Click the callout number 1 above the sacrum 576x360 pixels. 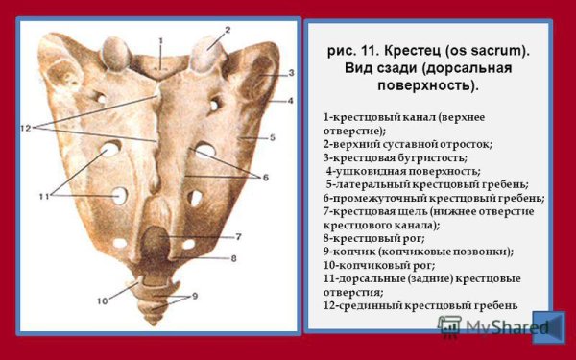[160, 39]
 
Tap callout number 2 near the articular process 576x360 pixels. [228, 30]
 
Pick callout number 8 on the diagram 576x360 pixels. [232, 258]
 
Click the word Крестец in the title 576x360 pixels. [415, 49]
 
